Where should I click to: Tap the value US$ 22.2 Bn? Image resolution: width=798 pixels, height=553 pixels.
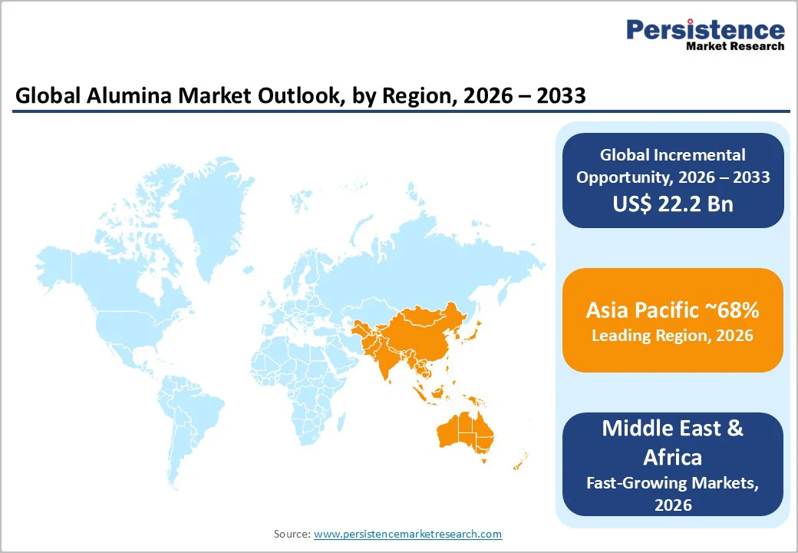(673, 204)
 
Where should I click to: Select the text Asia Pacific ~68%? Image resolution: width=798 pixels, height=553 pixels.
(673, 310)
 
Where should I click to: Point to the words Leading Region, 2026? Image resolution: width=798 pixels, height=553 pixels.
(673, 336)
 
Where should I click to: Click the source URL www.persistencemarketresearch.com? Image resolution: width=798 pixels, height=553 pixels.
(407, 534)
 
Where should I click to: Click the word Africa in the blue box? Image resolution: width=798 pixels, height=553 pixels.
(673, 457)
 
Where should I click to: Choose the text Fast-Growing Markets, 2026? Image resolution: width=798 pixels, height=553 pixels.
(673, 493)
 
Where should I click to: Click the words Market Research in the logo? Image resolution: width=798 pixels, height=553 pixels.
(734, 46)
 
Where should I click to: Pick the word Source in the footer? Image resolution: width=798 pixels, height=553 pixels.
(292, 534)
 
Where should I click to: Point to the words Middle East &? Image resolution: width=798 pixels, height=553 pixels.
(673, 428)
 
